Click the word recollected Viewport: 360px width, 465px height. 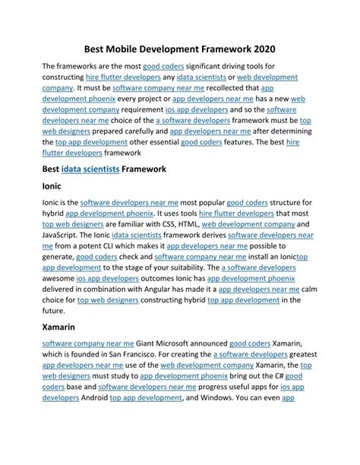click(225, 88)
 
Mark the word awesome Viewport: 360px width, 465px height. click(58, 279)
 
